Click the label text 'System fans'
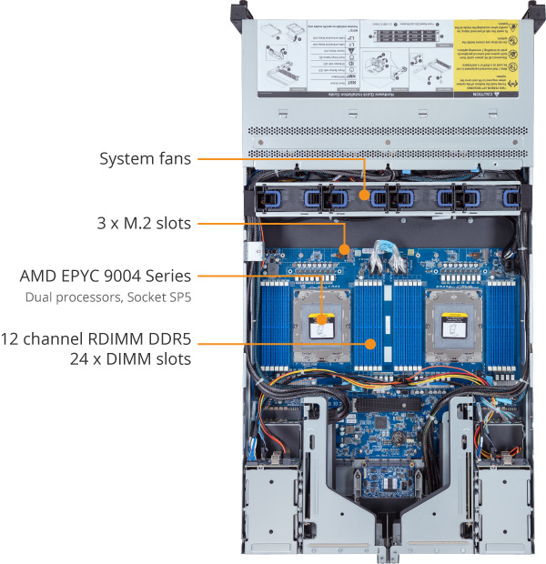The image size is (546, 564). point(146,159)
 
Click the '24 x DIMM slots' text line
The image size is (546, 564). point(136,359)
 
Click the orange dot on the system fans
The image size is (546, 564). point(366,195)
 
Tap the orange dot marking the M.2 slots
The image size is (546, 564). point(344,247)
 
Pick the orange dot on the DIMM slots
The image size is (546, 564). point(370,344)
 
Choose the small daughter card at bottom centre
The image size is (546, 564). point(381,481)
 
